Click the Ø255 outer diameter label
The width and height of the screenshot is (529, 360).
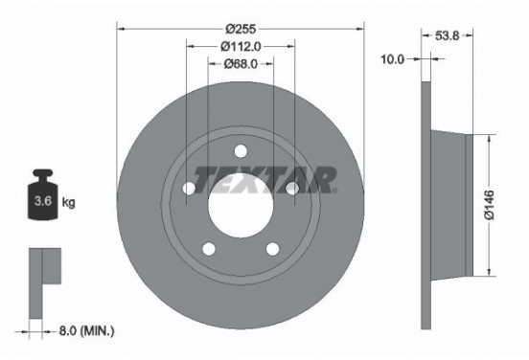click(x=241, y=29)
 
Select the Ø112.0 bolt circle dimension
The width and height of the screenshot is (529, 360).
click(x=241, y=47)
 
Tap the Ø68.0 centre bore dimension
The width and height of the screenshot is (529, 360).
click(x=241, y=63)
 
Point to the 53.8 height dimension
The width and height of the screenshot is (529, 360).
click(x=447, y=35)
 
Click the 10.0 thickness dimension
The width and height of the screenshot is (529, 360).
click(x=392, y=59)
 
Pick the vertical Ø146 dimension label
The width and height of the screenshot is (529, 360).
click(x=489, y=205)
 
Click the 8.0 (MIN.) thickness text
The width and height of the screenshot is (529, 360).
click(x=86, y=331)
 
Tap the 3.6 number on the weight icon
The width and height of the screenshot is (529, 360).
click(x=43, y=201)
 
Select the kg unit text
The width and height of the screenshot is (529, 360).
click(x=68, y=202)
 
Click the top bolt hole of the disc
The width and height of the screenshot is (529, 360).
click(x=241, y=151)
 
